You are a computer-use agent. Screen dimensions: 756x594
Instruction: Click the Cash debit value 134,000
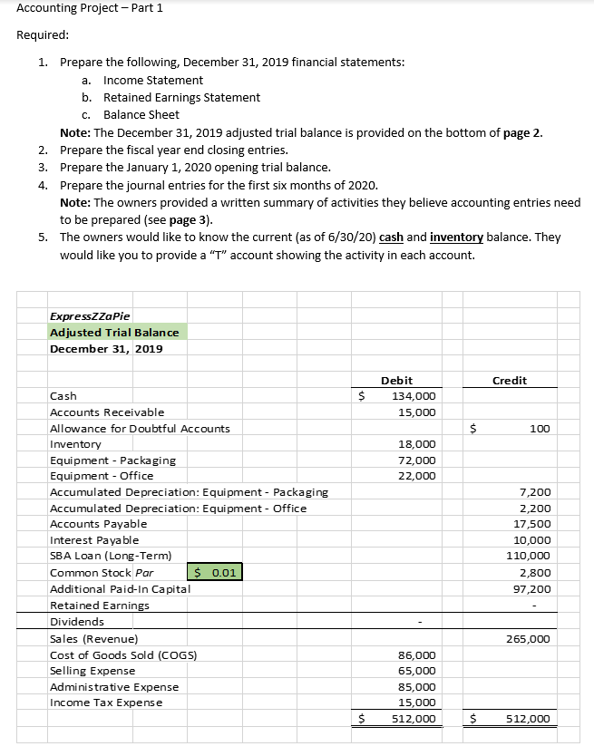coord(414,395)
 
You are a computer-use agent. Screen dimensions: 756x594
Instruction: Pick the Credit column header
coord(509,380)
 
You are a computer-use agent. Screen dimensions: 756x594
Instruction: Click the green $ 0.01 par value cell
coord(216,573)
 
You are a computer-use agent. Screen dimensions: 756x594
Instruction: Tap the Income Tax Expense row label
coord(106,703)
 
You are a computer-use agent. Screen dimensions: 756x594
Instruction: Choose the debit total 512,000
coord(414,719)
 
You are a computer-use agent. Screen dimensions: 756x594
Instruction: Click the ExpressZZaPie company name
coord(90,315)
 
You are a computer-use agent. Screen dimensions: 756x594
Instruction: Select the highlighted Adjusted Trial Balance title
coord(114,332)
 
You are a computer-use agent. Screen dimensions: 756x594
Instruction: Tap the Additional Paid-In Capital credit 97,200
coord(531,588)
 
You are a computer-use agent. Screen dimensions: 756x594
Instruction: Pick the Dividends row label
coord(76,622)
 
